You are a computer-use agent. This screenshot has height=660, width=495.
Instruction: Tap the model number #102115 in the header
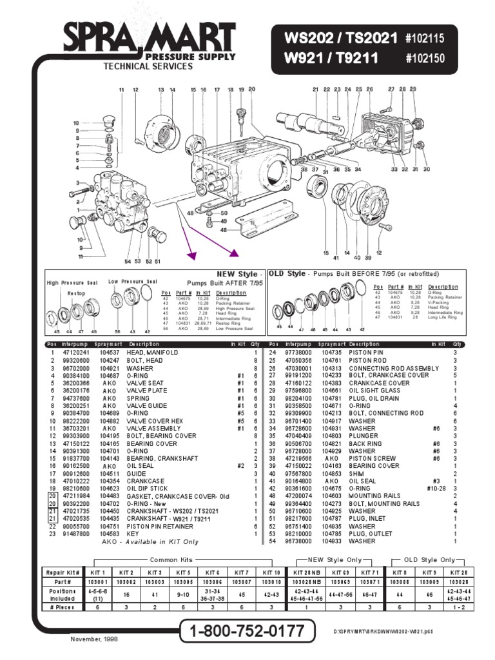pyautogui.click(x=425, y=39)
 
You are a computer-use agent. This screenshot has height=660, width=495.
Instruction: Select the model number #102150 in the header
pyautogui.click(x=425, y=60)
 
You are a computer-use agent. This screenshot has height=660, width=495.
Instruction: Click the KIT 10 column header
pyautogui.click(x=271, y=572)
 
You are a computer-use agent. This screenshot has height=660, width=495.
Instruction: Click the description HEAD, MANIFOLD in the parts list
pyautogui.click(x=152, y=353)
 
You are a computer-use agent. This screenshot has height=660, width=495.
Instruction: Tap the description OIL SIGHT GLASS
pyautogui.click(x=372, y=390)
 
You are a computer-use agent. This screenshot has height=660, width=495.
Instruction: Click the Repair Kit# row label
pyautogui.click(x=63, y=572)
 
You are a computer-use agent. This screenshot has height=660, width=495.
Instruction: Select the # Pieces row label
pyautogui.click(x=63, y=607)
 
